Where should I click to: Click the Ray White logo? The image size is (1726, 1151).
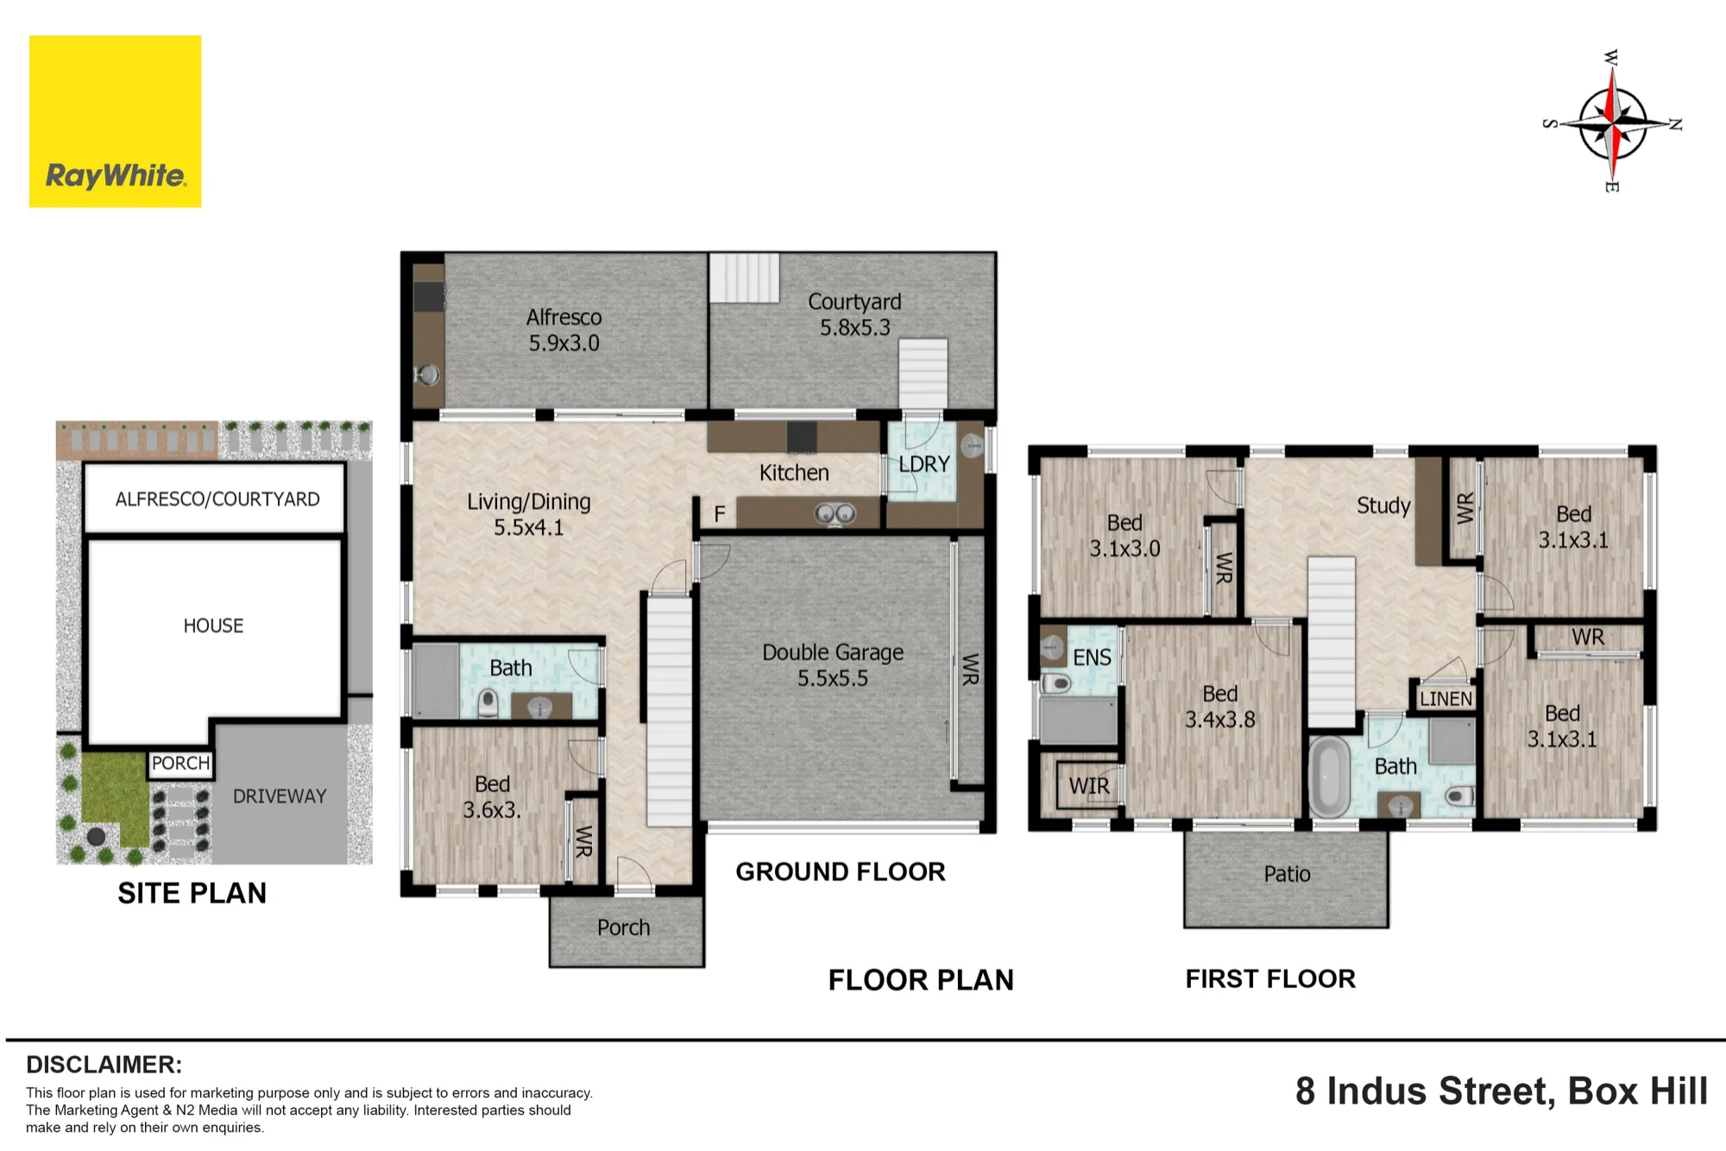pos(115,121)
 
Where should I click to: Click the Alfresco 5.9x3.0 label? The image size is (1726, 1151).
pos(564,330)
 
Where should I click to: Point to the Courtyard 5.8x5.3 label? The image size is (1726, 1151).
pos(854,314)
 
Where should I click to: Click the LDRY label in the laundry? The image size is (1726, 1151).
pos(923,464)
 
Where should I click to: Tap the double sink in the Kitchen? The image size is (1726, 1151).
pos(835,514)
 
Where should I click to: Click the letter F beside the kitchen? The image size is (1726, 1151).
pos(720,515)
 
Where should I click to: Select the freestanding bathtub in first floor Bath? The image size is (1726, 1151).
pos(1329,776)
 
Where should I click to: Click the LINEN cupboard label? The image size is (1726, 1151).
pos(1446,698)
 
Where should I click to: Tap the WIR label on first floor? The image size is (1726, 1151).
pos(1089,786)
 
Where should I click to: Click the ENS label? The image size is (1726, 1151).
pos(1092,657)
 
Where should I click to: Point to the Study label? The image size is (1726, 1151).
pos(1383,506)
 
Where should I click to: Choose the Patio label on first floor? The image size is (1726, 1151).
pos(1287,874)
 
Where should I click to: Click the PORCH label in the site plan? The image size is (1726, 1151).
pos(180,764)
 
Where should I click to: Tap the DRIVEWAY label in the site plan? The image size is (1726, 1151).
pos(280,796)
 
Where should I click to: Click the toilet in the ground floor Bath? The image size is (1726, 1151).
pos(488,702)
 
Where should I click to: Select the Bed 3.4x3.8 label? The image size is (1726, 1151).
pos(1219,707)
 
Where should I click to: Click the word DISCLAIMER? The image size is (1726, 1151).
pos(104,1065)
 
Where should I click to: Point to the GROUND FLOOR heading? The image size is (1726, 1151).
pos(841,872)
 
